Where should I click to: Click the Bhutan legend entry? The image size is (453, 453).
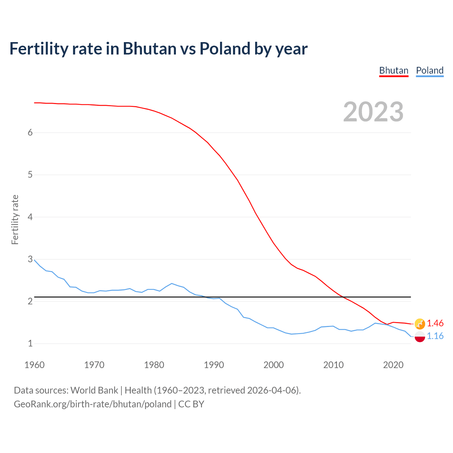coord(394,70)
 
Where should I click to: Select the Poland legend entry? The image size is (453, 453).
coord(430,70)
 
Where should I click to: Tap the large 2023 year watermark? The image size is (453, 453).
coord(373,112)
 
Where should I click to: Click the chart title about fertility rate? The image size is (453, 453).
coord(158,48)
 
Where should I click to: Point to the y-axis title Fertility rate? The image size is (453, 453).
coord(15,219)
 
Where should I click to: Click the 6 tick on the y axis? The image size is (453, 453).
coord(30,132)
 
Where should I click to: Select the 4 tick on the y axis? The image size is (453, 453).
coord(30,217)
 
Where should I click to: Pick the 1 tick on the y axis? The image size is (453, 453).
coord(30,343)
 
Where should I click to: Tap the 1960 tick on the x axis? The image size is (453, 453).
coord(34,365)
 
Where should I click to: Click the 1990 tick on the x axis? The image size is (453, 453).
coord(214,365)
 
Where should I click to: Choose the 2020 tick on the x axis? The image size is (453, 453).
coord(393,365)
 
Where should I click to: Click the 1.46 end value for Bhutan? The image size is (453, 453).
coord(435,323)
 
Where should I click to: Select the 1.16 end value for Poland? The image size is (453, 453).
coord(435,336)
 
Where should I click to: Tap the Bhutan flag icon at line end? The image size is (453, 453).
coord(420,323)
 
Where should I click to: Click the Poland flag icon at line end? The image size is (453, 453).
coord(420,337)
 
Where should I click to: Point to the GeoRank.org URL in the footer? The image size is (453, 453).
coord(93,404)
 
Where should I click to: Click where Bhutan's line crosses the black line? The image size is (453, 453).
coord(342,297)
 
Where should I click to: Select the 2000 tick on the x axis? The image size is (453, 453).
coord(274,365)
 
